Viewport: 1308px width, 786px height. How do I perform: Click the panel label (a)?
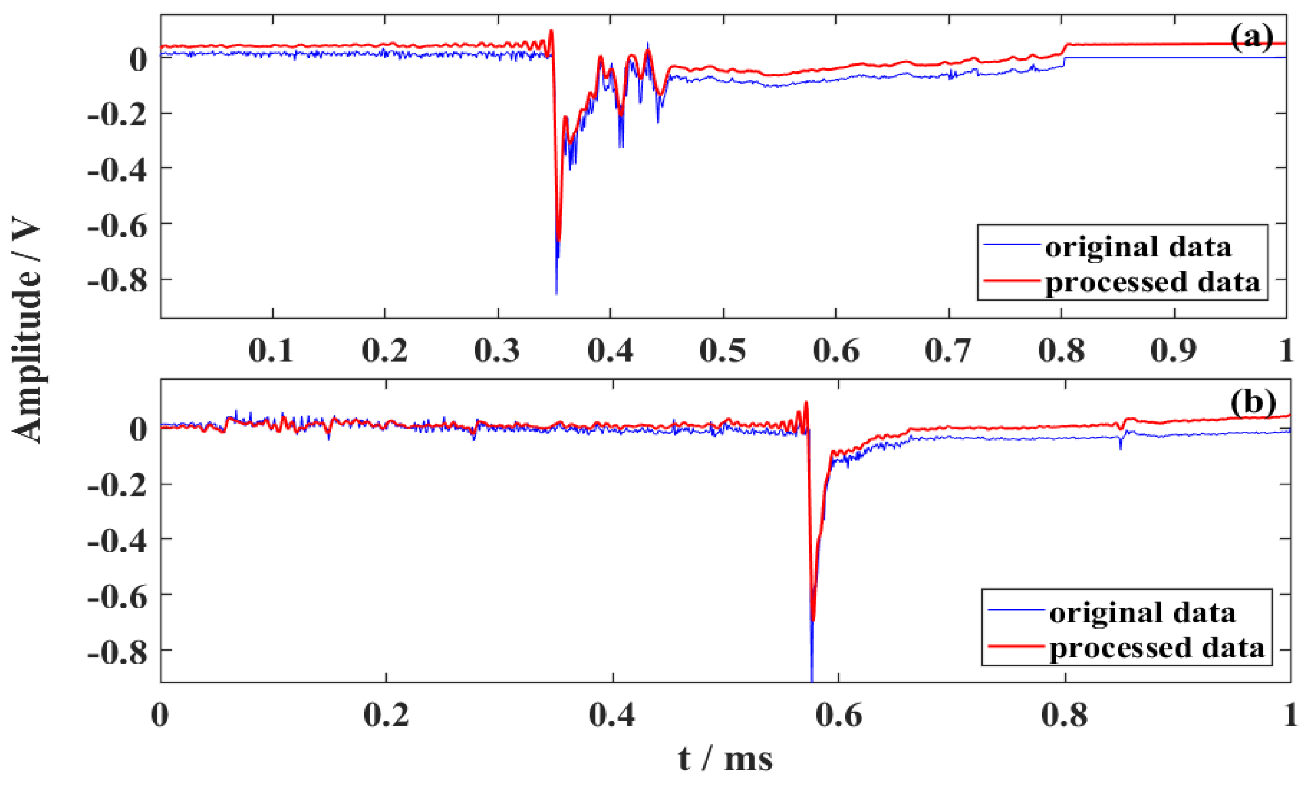pyautogui.click(x=1251, y=39)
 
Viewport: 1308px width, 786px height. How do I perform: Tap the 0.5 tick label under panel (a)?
pyautogui.click(x=723, y=351)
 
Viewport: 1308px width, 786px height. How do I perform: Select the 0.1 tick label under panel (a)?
pyautogui.click(x=271, y=351)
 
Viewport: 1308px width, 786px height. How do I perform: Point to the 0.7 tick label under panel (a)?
pyautogui.click(x=948, y=351)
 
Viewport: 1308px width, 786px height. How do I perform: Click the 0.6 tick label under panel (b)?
pyautogui.click(x=838, y=715)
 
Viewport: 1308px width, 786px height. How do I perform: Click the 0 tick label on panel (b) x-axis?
pyautogui.click(x=160, y=715)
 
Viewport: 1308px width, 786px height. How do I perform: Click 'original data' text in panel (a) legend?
pyautogui.click(x=1138, y=247)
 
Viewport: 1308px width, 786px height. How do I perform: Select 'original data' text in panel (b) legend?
pyautogui.click(x=1142, y=613)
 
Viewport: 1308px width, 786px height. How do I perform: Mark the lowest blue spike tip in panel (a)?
pyautogui.click(x=556, y=293)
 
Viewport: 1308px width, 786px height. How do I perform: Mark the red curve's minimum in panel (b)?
pyautogui.click(x=813, y=620)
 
